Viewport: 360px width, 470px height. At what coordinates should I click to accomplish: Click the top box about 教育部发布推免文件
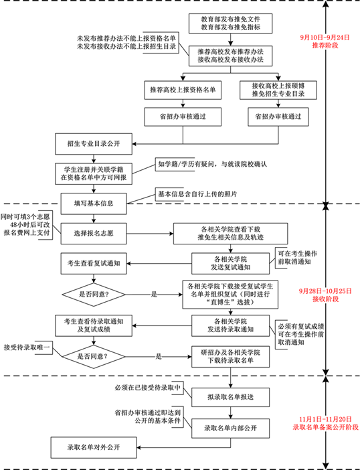tap(230, 23)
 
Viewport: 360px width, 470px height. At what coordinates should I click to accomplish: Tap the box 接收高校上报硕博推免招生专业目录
tap(278, 90)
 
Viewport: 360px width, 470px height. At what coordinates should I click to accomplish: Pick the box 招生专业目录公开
tap(94, 143)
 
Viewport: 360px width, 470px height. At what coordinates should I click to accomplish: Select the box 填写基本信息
tap(94, 201)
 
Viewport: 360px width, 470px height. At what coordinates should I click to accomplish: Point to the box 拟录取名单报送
tap(230, 395)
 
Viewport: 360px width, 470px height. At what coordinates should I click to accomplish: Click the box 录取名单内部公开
tap(230, 426)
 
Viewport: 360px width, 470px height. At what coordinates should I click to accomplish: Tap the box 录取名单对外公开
tap(94, 446)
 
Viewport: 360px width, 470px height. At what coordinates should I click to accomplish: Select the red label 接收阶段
tap(325, 299)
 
